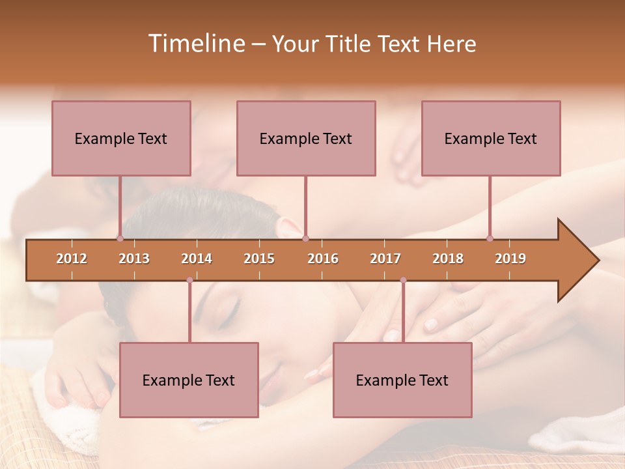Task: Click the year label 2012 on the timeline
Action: pos(72,259)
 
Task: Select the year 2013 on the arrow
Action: pos(134,259)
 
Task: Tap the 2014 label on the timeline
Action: pos(197,259)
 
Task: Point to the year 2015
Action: pos(259,259)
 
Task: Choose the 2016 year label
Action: pos(323,259)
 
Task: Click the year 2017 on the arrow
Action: pos(385,259)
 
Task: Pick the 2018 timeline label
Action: pos(448,259)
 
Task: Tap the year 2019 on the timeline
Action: pos(510,259)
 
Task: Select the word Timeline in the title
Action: pos(195,44)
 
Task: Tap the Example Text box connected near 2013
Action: pos(121,138)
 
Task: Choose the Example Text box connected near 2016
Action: pos(306,138)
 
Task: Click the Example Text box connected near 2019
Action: pos(491,138)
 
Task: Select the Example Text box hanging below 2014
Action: pos(189,380)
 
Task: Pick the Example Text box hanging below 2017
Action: pos(402,380)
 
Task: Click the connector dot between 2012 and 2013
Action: pos(120,238)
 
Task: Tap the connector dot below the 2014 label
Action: pos(189,280)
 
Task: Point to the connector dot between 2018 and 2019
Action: pos(490,238)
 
